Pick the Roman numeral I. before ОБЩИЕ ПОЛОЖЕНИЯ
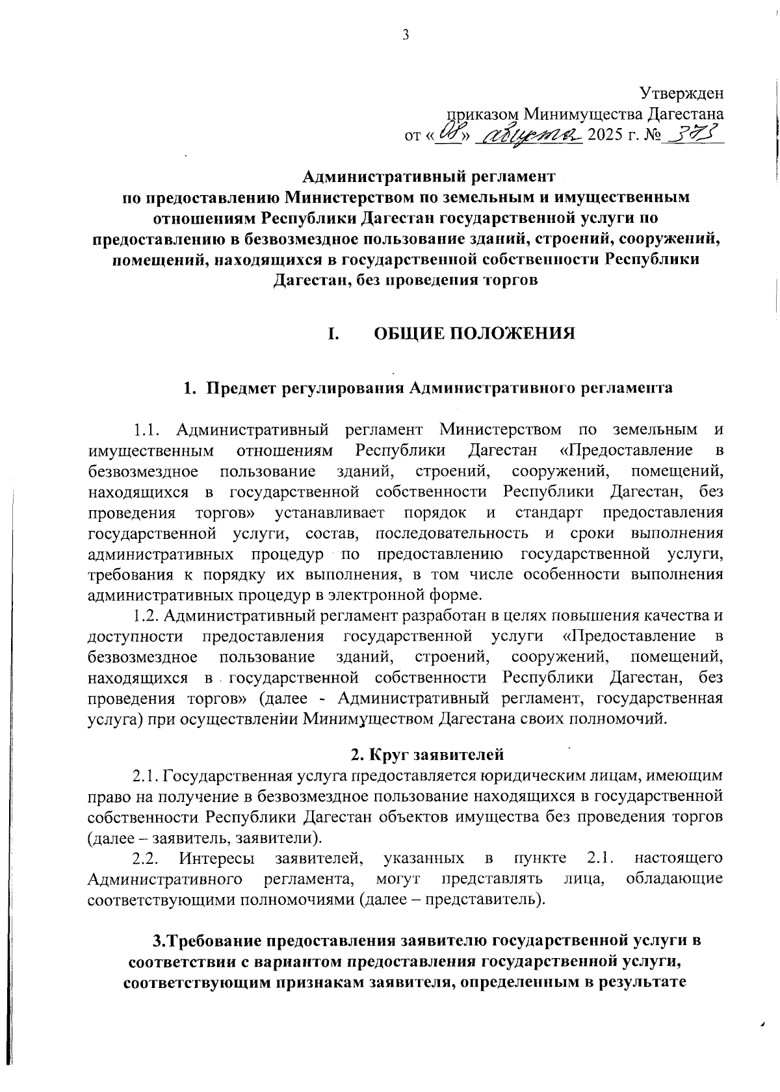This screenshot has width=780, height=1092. pos(333,333)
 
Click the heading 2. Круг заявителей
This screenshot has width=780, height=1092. pos(427,755)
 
